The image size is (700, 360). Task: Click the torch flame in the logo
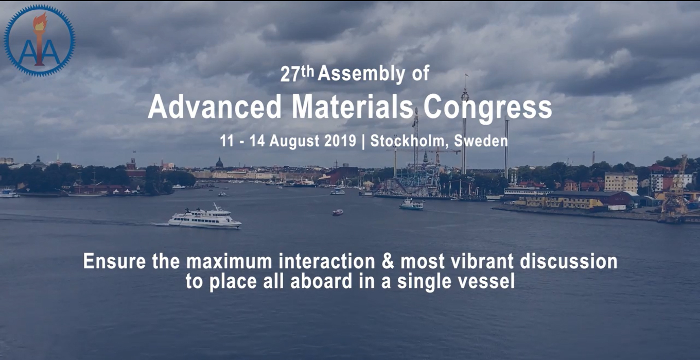coord(40,22)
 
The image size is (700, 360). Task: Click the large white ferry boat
coord(205,217)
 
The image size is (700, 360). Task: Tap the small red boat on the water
coord(338,212)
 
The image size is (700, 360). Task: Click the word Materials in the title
coord(353,107)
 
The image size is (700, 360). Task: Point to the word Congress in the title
coord(487,108)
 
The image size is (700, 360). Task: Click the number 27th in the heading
coord(297,74)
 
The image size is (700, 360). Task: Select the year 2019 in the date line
coord(340,141)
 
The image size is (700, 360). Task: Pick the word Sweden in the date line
coord(481,141)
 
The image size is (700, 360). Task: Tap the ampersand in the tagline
coord(388,261)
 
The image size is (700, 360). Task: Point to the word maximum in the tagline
coord(229,262)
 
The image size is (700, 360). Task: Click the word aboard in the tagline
coord(321,281)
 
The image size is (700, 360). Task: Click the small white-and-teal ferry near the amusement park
coord(412,204)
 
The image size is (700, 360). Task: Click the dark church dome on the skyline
coord(219,163)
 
